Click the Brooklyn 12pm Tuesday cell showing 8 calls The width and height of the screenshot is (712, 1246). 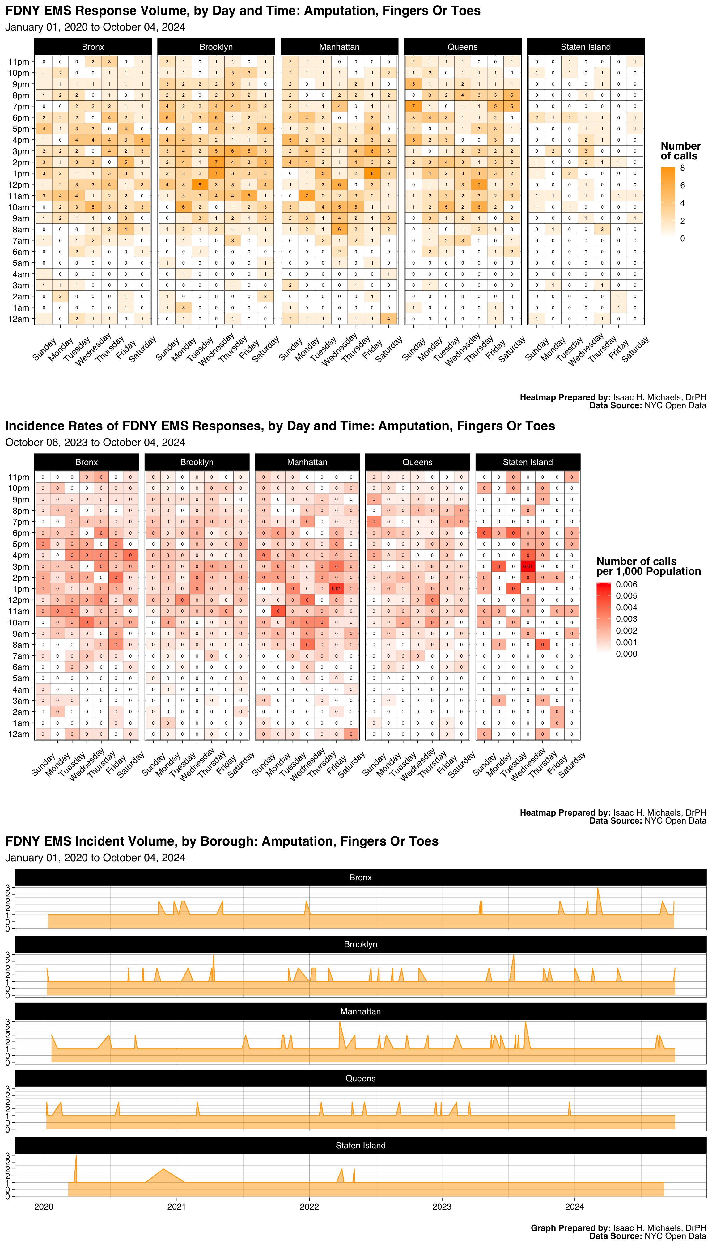pos(200,185)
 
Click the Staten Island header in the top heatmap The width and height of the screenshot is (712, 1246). pos(585,47)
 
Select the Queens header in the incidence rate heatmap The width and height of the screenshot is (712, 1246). pos(417,462)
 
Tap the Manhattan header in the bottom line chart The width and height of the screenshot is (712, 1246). pos(360,1011)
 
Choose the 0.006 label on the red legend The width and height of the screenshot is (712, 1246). pos(626,584)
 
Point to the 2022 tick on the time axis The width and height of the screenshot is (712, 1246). pos(309,1206)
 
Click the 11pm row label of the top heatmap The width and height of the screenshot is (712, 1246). pos(19,61)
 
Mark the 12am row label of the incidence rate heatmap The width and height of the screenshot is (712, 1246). pos(19,734)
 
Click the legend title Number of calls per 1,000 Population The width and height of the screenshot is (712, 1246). pos(648,566)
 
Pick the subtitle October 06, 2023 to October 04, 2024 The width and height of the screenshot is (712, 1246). pos(95,442)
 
